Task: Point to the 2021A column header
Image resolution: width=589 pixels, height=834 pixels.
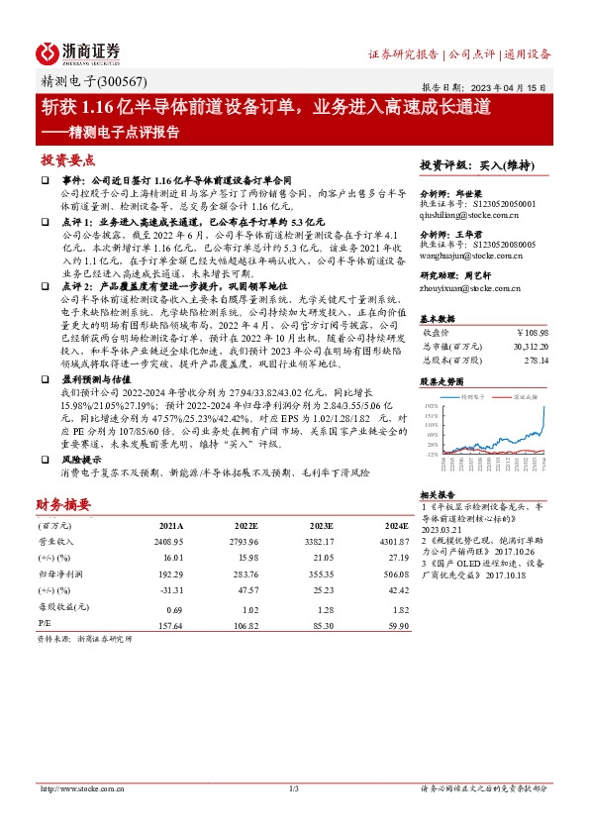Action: pos(171,526)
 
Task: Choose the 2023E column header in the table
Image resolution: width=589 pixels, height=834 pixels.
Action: pos(319,526)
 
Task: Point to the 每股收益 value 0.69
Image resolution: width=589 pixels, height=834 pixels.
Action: pos(175,606)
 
